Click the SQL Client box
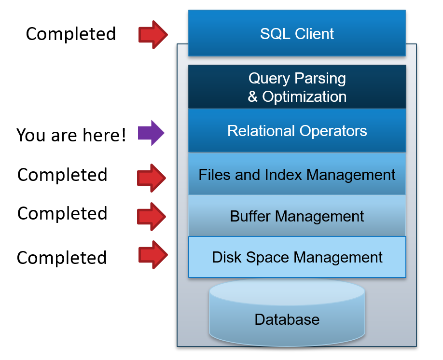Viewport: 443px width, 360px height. tap(297, 33)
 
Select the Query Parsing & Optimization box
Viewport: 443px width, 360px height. tap(297, 87)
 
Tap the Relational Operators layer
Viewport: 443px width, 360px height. tap(297, 131)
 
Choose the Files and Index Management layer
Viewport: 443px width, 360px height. tap(297, 174)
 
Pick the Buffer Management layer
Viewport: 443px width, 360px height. tap(297, 216)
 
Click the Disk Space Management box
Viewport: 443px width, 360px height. tap(297, 257)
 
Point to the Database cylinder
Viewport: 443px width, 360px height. tap(287, 312)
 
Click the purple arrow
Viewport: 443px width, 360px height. tap(151, 133)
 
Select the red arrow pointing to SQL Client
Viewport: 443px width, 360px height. tap(153, 35)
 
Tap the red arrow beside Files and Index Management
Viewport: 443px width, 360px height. tap(152, 178)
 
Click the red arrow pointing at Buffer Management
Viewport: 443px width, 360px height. tap(152, 217)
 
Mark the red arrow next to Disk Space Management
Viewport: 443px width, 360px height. tap(153, 255)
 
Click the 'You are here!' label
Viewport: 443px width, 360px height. tap(71, 135)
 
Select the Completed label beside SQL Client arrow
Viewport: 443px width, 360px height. tap(71, 34)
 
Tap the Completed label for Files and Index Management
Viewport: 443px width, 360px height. tap(62, 175)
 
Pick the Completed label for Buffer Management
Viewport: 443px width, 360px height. tap(62, 213)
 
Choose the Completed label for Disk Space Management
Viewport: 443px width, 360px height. tap(62, 257)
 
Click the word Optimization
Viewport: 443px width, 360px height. tap(305, 97)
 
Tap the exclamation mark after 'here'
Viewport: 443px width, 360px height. tap(123, 134)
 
